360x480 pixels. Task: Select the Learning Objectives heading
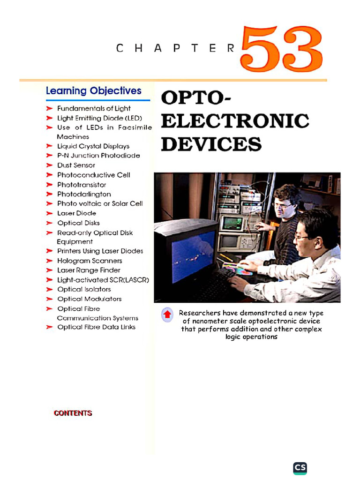pyautogui.click(x=93, y=91)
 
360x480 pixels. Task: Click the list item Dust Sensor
pyautogui.click(x=76, y=165)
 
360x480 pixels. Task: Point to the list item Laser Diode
pyautogui.click(x=76, y=213)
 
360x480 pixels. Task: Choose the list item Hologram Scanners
pyautogui.click(x=90, y=261)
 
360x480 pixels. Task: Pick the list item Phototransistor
pyautogui.click(x=82, y=185)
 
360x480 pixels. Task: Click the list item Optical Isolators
pyautogui.click(x=84, y=289)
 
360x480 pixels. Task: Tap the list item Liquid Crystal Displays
pyautogui.click(x=93, y=146)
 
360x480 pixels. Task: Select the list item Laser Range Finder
pyautogui.click(x=89, y=270)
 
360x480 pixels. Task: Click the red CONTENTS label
pyautogui.click(x=73, y=413)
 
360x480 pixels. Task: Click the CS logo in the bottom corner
pyautogui.click(x=300, y=468)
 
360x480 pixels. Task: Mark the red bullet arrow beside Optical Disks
pyautogui.click(x=49, y=223)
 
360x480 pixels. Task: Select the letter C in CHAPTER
pyautogui.click(x=120, y=48)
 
